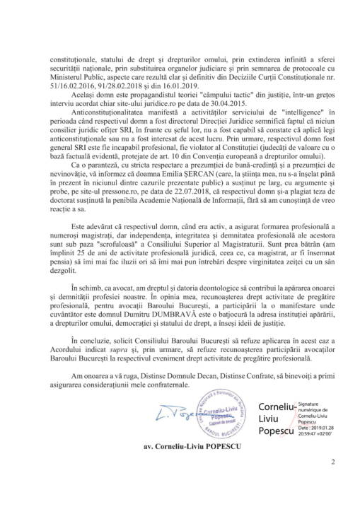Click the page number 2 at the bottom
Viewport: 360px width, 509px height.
(x=331, y=483)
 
